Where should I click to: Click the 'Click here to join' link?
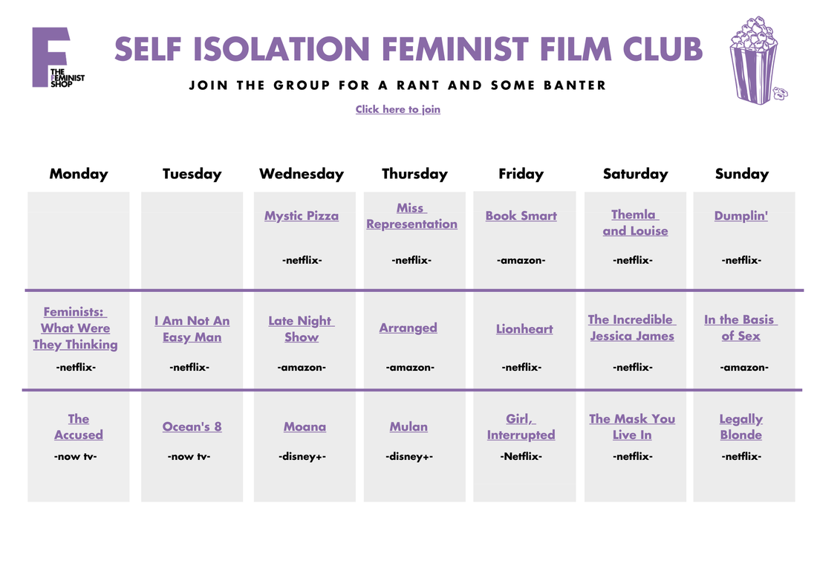click(x=397, y=109)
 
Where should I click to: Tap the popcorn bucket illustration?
click(x=757, y=60)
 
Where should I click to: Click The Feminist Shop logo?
click(x=57, y=57)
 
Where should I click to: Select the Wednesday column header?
click(x=302, y=174)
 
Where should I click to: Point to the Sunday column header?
click(x=741, y=174)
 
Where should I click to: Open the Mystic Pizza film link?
click(x=302, y=216)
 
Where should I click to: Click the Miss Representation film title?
click(x=411, y=216)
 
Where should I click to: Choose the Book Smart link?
click(x=521, y=216)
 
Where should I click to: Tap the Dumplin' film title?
click(x=741, y=216)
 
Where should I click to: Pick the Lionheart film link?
click(x=524, y=328)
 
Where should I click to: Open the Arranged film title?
click(x=408, y=328)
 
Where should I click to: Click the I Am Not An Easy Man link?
click(x=192, y=328)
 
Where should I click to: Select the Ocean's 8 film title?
click(x=192, y=426)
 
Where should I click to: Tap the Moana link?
click(x=305, y=426)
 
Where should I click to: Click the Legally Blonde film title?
click(x=741, y=426)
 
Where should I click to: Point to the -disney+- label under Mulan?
click(x=409, y=457)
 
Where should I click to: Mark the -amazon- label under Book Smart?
click(x=521, y=261)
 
